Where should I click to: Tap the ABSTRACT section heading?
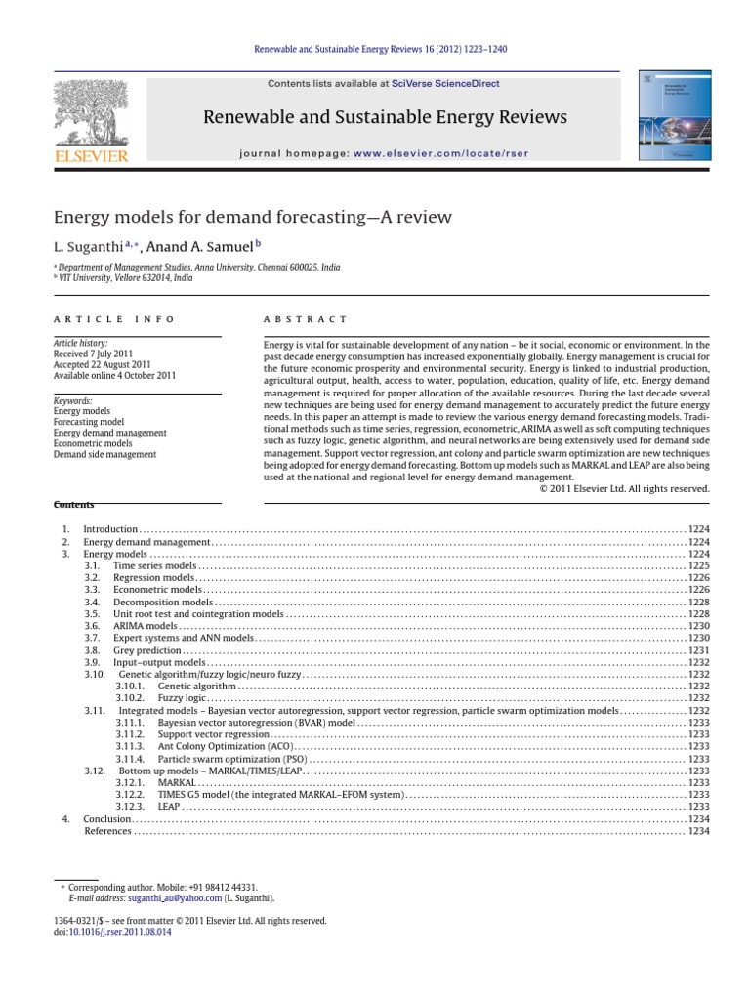tap(305, 319)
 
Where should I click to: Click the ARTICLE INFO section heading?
tap(113, 319)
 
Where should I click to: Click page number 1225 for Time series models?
tap(698, 565)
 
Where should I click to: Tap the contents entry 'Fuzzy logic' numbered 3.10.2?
tap(182, 698)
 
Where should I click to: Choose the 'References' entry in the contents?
tap(107, 831)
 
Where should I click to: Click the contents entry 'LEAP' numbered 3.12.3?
tap(169, 807)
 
